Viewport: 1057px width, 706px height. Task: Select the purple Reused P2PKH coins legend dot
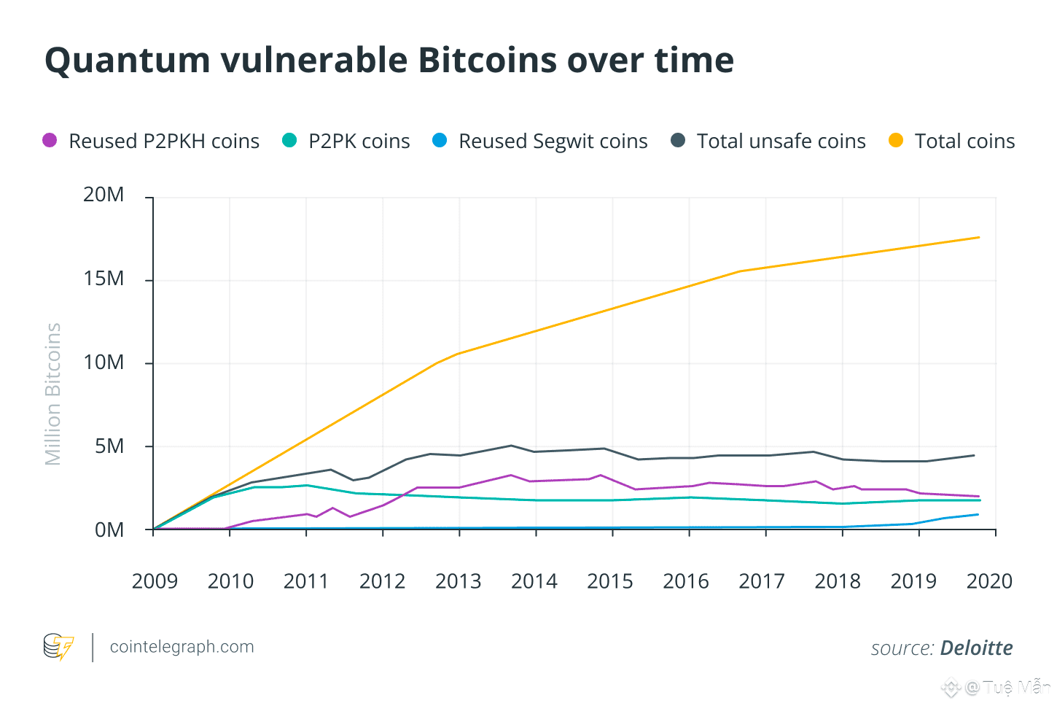50,140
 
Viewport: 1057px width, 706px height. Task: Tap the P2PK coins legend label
359,141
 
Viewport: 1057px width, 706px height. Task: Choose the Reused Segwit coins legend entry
553,141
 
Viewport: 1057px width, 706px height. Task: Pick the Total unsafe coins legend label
781,141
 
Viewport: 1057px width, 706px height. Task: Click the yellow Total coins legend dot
896,140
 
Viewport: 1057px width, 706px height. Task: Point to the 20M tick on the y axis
104,195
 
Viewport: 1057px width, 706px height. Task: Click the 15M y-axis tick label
104,279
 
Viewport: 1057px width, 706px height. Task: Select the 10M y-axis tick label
104,362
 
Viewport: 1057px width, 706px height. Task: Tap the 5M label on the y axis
109,446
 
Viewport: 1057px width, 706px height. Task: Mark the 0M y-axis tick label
109,530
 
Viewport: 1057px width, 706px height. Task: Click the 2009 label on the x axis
155,581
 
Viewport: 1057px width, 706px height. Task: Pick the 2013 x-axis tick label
458,581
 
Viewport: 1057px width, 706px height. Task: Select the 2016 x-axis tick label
685,581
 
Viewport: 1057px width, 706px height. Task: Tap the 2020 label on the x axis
989,581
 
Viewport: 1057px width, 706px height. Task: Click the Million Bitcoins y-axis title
53,394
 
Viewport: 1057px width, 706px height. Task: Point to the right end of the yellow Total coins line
978,238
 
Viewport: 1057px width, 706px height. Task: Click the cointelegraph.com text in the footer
182,647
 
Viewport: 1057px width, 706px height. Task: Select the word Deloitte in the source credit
976,648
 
